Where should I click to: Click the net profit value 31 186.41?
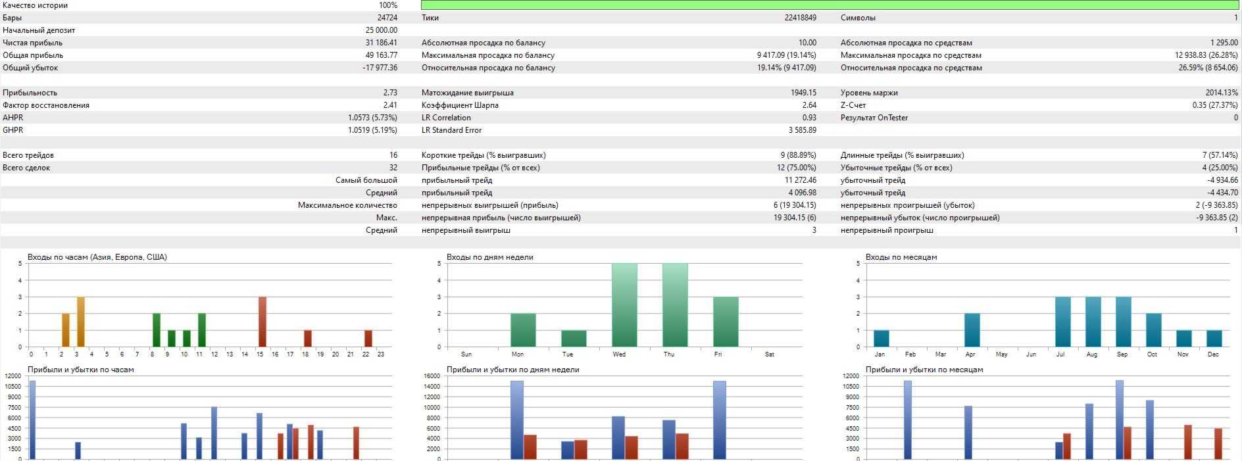coord(382,43)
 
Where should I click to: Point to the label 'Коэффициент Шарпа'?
coord(460,105)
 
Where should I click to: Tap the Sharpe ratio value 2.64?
coord(809,105)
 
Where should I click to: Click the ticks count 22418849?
coord(800,18)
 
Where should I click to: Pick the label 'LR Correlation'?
coord(446,118)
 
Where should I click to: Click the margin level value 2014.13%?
coord(1222,93)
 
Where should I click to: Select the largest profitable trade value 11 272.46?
coord(800,180)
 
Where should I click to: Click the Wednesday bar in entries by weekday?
coord(624,305)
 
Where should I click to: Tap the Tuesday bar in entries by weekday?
coord(574,338)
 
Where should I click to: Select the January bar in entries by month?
coord(882,338)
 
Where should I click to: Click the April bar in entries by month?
coord(972,330)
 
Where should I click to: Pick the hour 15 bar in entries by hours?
coord(262,322)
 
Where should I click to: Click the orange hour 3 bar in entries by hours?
coord(81,322)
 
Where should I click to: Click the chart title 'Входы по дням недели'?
coord(489,257)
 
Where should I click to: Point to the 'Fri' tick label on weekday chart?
coord(718,354)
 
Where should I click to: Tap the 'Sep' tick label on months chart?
coord(1122,354)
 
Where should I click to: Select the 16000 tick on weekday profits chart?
coord(432,376)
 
